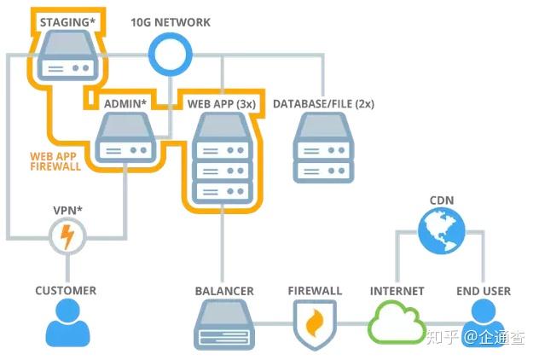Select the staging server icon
click(x=65, y=55)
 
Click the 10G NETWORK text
click(x=171, y=22)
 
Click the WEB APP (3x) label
click(x=221, y=104)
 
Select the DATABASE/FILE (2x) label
click(x=323, y=104)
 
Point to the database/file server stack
click(x=323, y=148)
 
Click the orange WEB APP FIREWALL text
click(x=55, y=162)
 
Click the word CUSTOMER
click(x=66, y=291)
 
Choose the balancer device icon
click(x=224, y=328)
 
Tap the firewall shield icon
click(x=315, y=326)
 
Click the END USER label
click(x=484, y=291)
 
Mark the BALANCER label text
click(x=224, y=291)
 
